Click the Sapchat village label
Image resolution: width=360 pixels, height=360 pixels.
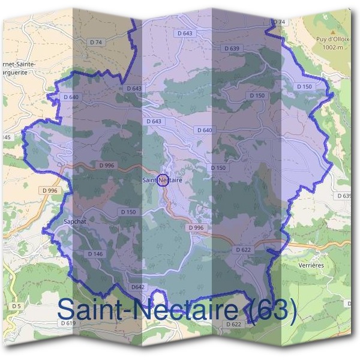coord(76,221)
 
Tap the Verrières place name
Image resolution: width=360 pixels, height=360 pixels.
coord(311,265)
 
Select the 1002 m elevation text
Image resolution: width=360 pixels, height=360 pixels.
coord(333,47)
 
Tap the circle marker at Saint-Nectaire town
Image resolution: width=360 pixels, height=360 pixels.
coord(162,180)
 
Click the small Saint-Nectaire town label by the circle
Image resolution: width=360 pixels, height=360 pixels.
coord(162,179)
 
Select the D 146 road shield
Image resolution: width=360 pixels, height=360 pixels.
coord(96,254)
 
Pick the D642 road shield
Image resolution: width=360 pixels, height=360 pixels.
coord(138,287)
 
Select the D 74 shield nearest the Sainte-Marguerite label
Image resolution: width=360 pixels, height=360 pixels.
coord(96,42)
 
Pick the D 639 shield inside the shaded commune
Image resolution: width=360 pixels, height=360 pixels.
coord(232,48)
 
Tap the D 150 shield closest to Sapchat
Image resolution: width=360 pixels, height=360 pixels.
coord(128,212)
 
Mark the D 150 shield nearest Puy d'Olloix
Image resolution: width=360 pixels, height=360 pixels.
coord(305,87)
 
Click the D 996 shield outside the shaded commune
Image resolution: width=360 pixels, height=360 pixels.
coord(50,190)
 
